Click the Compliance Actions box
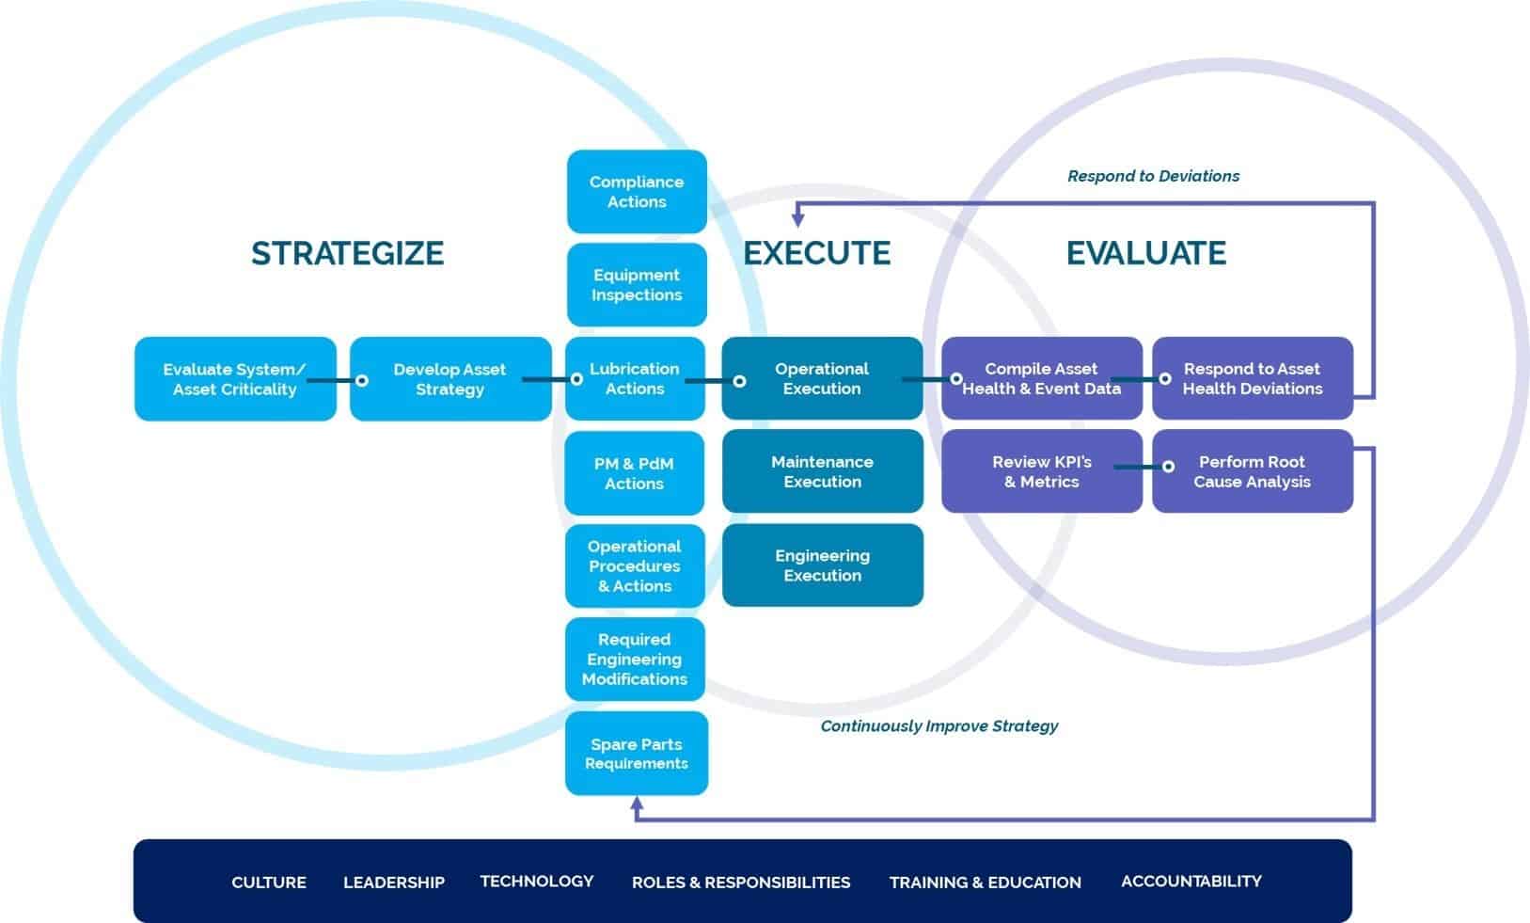click(637, 192)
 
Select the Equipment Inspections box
click(637, 285)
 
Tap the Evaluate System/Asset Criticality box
click(235, 379)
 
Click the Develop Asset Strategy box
click(450, 379)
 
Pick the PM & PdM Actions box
click(635, 473)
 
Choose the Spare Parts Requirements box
click(637, 754)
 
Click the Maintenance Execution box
click(823, 471)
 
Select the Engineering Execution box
click(823, 565)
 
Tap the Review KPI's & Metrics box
click(1042, 471)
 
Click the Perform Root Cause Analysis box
click(1253, 471)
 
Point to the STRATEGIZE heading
click(347, 253)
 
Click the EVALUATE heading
click(1146, 253)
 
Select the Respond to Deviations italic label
click(1153, 176)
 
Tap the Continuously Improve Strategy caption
click(939, 726)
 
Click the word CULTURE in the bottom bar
click(269, 883)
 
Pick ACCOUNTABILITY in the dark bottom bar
click(1191, 882)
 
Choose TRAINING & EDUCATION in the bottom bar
click(986, 883)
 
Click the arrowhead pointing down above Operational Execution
click(797, 220)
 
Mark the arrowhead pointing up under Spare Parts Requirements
click(637, 804)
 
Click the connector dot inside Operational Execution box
click(740, 381)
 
